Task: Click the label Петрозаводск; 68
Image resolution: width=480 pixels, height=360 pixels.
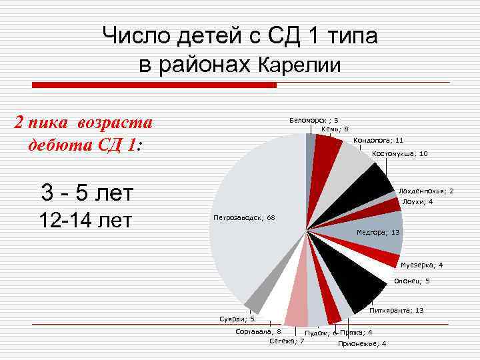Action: pyautogui.click(x=243, y=218)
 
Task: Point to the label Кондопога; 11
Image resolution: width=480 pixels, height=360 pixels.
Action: pyautogui.click(x=378, y=141)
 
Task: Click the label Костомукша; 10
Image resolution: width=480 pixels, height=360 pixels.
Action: pyautogui.click(x=400, y=154)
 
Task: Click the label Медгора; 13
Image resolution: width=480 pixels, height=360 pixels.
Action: pyautogui.click(x=378, y=232)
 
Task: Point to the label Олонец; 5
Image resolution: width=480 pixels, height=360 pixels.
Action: pyautogui.click(x=412, y=281)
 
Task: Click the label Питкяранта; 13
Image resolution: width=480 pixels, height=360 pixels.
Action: pyautogui.click(x=396, y=311)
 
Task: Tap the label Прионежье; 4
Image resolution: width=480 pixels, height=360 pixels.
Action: pyautogui.click(x=361, y=343)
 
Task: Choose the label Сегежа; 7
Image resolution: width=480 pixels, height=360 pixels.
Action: pyautogui.click(x=287, y=341)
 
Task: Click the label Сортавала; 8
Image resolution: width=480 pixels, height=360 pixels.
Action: pyautogui.click(x=259, y=331)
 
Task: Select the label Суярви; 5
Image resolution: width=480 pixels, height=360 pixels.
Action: pyautogui.click(x=237, y=319)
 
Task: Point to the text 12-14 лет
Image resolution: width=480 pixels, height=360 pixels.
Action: pyautogui.click(x=87, y=219)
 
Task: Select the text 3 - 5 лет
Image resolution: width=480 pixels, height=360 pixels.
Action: pyautogui.click(x=87, y=193)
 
